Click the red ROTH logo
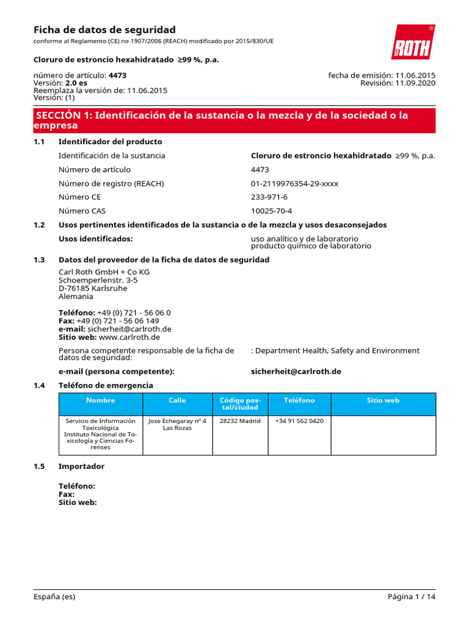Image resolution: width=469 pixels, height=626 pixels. point(413,42)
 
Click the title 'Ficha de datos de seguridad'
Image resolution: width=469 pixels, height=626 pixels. point(104,30)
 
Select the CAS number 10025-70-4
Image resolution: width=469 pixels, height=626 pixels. point(271,211)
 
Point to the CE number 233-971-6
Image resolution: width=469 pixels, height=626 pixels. point(269,197)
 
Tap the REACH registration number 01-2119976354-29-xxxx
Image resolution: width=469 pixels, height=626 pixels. point(294,183)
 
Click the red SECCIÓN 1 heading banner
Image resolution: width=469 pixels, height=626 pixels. point(234,120)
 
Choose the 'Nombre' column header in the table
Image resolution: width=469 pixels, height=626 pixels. point(101,400)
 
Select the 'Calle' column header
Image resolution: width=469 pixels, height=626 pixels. point(177,400)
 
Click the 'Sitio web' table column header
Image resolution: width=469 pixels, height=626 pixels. point(383,400)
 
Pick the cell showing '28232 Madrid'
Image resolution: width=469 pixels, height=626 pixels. point(240,421)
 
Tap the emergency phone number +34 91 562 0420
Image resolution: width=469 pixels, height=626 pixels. point(299,421)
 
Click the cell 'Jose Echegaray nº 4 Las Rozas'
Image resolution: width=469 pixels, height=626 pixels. point(177,424)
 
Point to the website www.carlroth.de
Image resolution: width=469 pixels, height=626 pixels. point(129,337)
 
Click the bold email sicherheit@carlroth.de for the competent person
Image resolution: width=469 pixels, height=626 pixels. point(296,372)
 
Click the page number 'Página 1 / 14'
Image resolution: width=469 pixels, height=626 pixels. point(412,597)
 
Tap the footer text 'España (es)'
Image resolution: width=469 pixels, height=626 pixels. point(54,597)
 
